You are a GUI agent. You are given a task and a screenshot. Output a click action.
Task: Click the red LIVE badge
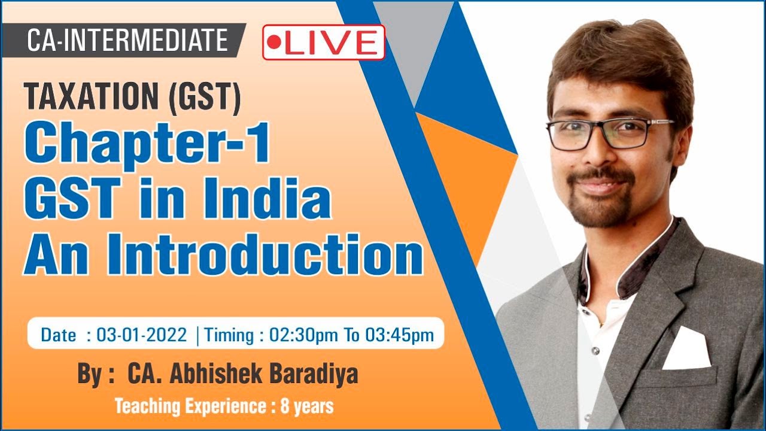324,43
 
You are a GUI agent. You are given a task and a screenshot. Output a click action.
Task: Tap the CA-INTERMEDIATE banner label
127,41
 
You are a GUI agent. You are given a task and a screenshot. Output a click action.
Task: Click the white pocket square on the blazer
686,350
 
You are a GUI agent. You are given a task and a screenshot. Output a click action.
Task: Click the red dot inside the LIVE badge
274,43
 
